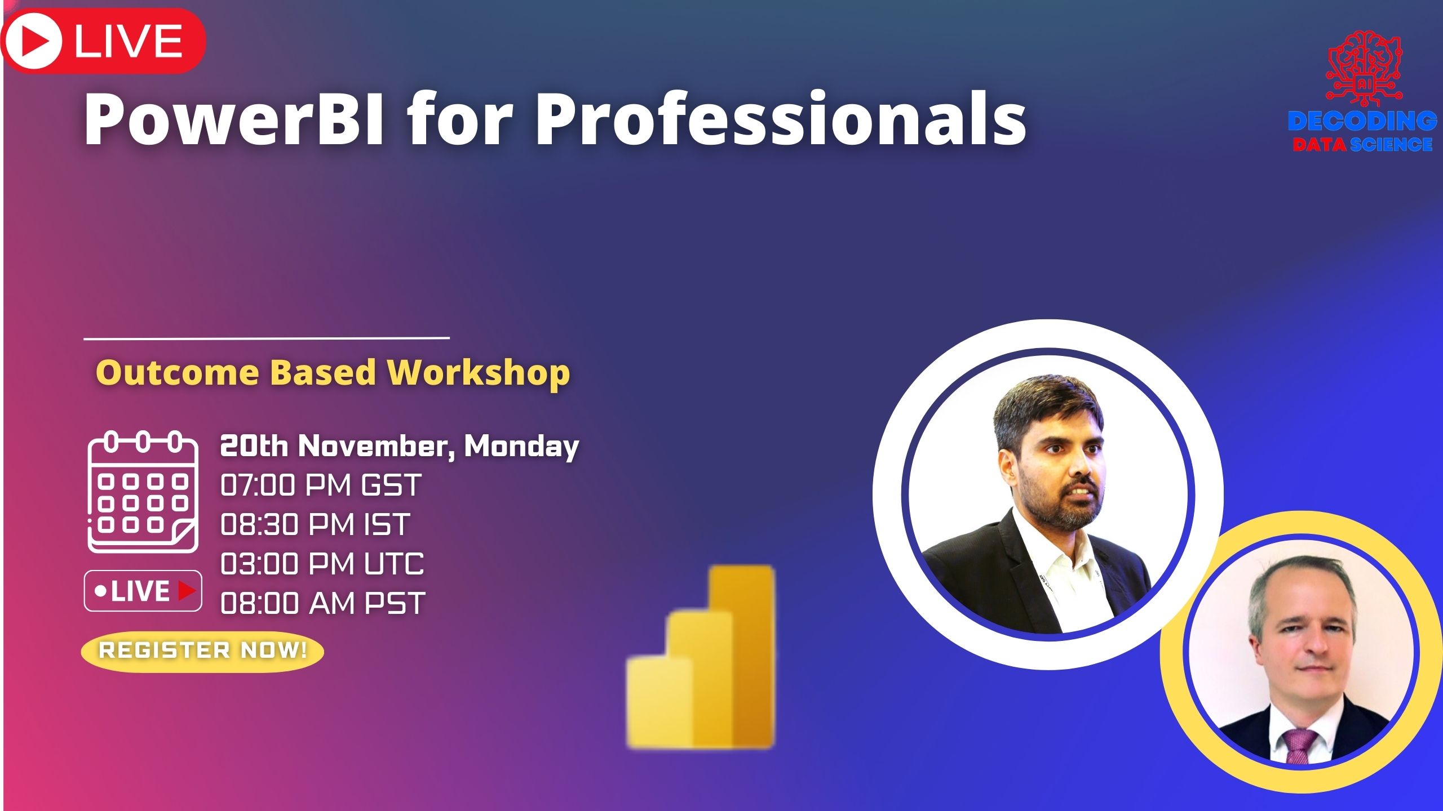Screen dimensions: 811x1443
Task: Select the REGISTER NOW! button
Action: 202,650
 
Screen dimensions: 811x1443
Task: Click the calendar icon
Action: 143,492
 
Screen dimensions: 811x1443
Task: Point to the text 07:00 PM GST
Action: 321,485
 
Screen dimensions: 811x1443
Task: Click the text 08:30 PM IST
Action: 315,524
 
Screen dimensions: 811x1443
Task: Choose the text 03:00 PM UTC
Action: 322,564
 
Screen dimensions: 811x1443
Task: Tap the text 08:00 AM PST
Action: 322,603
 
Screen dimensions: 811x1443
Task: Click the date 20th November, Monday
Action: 399,446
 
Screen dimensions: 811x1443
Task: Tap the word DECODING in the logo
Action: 1362,121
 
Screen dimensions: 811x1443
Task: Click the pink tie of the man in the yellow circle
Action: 1300,744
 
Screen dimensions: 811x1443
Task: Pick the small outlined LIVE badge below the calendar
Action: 143,591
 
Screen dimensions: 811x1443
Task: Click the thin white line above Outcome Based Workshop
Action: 266,338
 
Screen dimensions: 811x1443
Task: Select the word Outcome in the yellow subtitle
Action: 178,373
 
